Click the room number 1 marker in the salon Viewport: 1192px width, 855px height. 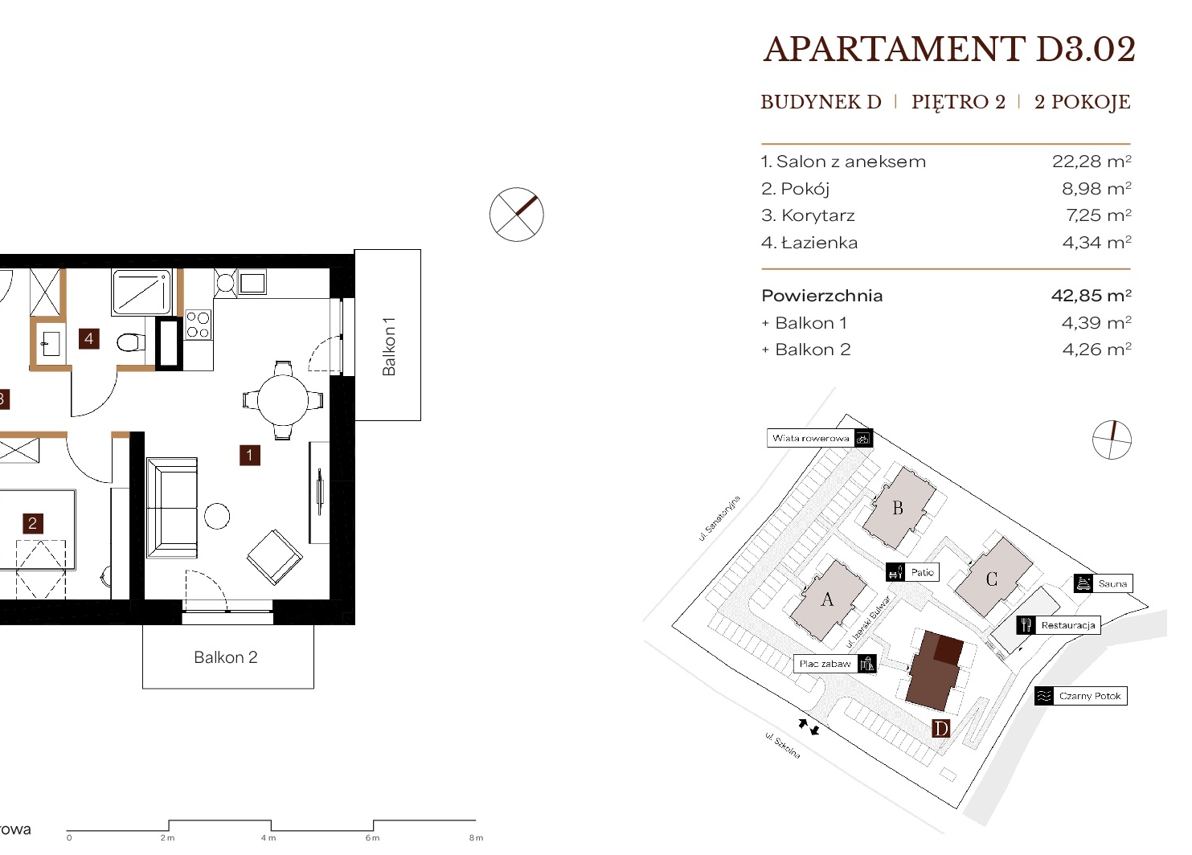pyautogui.click(x=250, y=456)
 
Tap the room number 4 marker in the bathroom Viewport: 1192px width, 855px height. pyautogui.click(x=89, y=339)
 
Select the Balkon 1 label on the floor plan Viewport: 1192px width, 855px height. pyautogui.click(x=388, y=346)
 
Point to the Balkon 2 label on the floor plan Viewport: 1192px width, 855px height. pyautogui.click(x=226, y=657)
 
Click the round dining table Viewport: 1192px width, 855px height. pyautogui.click(x=283, y=399)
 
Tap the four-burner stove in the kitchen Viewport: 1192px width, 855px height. pyautogui.click(x=198, y=325)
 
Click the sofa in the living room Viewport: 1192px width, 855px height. pyautogui.click(x=172, y=508)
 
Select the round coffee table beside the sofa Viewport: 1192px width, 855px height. pyautogui.click(x=217, y=516)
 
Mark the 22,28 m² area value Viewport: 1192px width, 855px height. pyautogui.click(x=1092, y=162)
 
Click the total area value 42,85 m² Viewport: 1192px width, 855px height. pyautogui.click(x=1092, y=296)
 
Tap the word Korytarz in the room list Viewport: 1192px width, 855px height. pyautogui.click(x=818, y=215)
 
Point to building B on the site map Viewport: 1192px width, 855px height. pyautogui.click(x=899, y=508)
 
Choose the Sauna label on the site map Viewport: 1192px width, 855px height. pyautogui.click(x=1112, y=583)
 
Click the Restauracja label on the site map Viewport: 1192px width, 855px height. pyautogui.click(x=1068, y=625)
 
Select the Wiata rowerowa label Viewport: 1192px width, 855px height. pyautogui.click(x=810, y=439)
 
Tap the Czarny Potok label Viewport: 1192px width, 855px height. pyautogui.click(x=1090, y=696)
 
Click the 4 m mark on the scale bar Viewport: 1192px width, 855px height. pyautogui.click(x=268, y=838)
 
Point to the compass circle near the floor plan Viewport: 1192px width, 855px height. pyautogui.click(x=517, y=215)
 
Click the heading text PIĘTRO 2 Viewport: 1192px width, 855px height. pyautogui.click(x=958, y=102)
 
